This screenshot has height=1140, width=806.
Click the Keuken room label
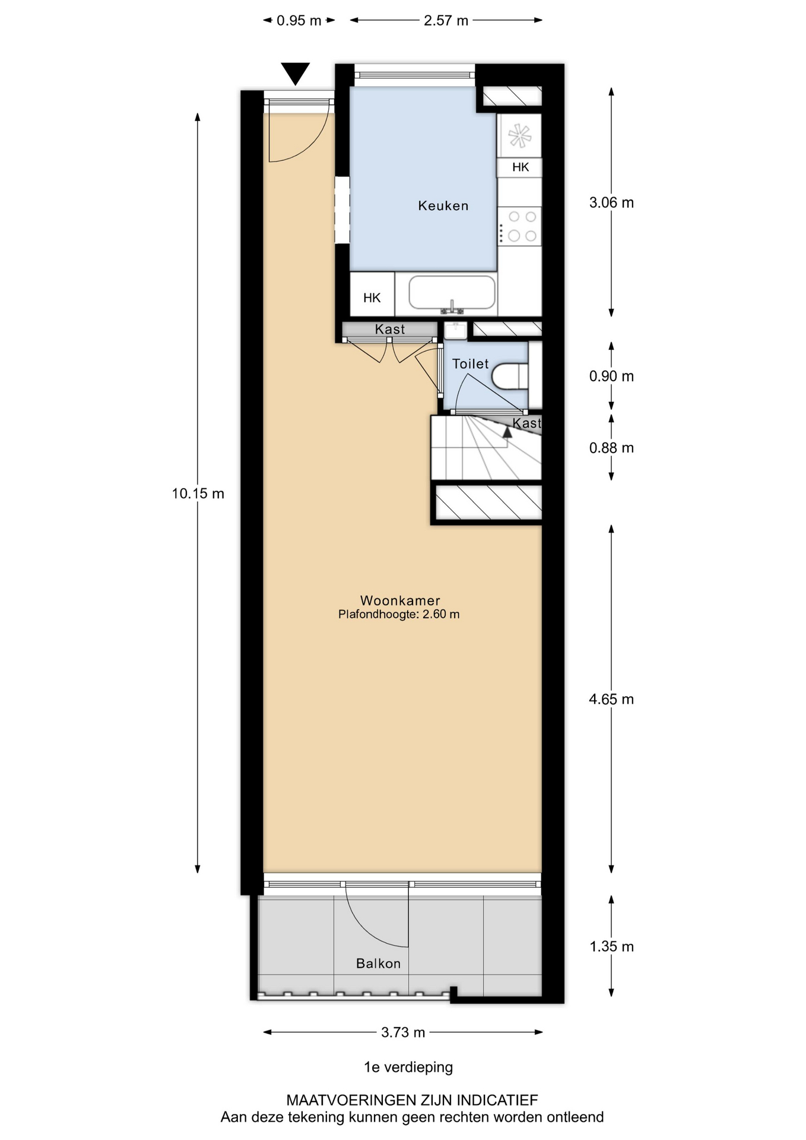point(443,206)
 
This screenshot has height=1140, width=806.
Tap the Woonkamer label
point(400,600)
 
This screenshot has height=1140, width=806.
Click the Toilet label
point(470,364)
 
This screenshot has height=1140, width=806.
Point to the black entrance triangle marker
point(295,73)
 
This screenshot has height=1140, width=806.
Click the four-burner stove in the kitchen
point(519,226)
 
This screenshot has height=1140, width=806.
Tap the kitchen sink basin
point(452,293)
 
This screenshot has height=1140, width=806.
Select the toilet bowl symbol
point(510,376)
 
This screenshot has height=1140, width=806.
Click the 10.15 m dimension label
point(198,493)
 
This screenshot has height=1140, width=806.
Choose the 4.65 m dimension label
point(611,699)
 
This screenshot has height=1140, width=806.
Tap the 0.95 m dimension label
point(299,21)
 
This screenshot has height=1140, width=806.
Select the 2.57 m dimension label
point(446,21)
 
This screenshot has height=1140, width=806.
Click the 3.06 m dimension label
point(611,202)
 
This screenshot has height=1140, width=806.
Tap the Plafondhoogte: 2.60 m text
point(399,615)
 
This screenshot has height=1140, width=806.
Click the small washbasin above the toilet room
point(456,330)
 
